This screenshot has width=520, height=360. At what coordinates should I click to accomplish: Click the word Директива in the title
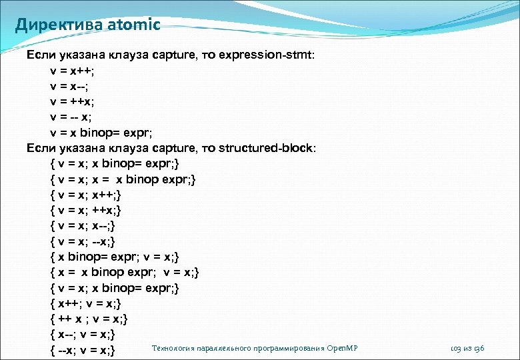pyautogui.click(x=56, y=25)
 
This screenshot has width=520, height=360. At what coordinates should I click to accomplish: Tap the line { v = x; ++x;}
pyautogui.click(x=86, y=210)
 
